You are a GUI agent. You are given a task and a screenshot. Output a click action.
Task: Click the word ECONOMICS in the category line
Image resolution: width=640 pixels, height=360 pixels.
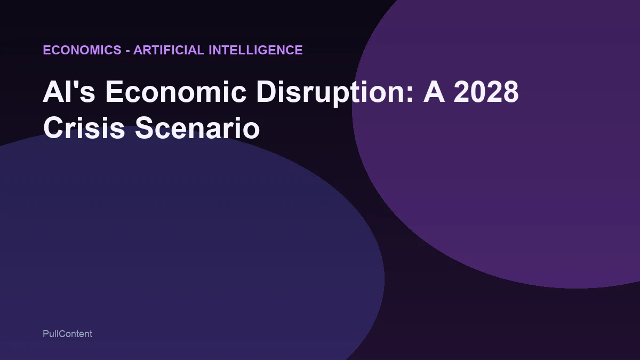coord(82,50)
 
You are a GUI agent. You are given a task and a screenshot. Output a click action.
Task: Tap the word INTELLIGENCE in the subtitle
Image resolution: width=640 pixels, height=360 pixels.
coord(255,50)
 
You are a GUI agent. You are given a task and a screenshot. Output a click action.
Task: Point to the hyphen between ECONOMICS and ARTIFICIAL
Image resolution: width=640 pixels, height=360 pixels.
coord(127,51)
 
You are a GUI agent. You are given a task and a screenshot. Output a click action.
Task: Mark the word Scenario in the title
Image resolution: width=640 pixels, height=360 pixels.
coord(197,129)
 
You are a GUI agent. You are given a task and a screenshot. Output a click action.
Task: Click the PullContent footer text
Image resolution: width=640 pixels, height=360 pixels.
coord(67,334)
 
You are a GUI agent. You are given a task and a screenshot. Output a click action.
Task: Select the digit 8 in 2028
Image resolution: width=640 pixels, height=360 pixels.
coord(509,92)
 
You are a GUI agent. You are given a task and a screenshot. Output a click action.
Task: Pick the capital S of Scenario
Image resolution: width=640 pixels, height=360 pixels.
coord(144,129)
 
